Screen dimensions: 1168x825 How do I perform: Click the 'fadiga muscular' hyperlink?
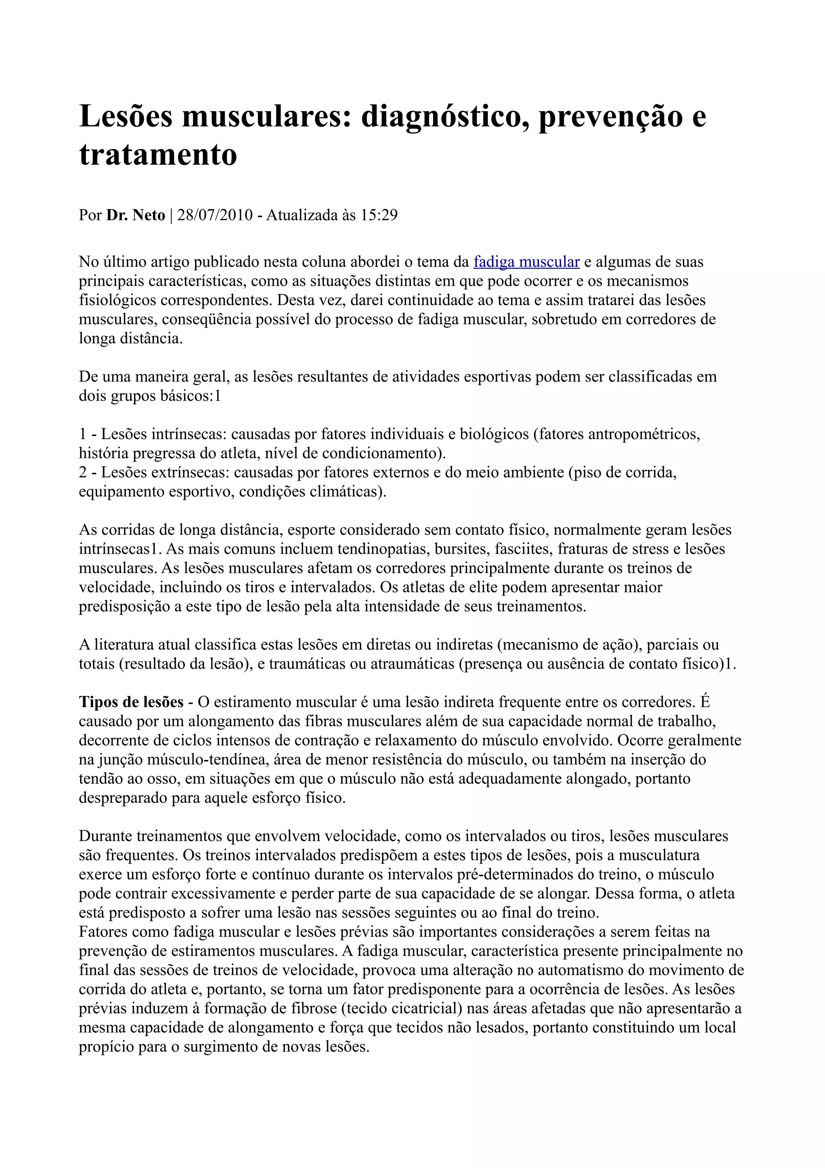(526, 262)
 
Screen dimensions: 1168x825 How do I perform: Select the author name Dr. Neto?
(135, 215)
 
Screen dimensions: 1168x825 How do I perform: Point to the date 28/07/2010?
(215, 215)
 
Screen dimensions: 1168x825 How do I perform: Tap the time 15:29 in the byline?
(379, 215)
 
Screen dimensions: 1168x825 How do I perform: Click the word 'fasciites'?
(517, 549)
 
